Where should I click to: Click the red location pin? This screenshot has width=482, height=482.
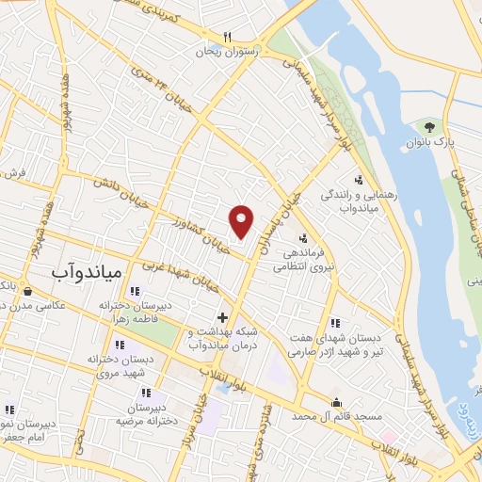pos(242,220)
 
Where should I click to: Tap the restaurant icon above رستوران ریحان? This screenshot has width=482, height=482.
pos(225,36)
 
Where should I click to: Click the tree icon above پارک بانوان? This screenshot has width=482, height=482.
pos(430,125)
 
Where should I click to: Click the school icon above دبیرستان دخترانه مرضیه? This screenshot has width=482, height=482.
pos(145,392)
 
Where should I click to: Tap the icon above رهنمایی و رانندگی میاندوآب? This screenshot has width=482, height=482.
pos(357,180)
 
